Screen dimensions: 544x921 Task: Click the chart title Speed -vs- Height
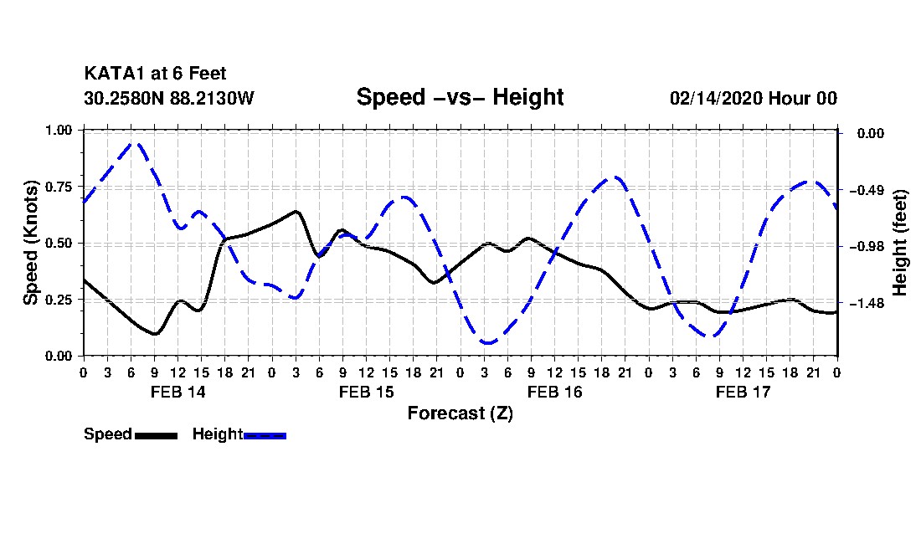pyautogui.click(x=460, y=97)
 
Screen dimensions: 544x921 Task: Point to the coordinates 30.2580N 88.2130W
pyautogui.click(x=168, y=98)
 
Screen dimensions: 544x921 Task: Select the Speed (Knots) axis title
pyautogui.click(x=31, y=243)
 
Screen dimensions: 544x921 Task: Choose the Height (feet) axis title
pyautogui.click(x=901, y=244)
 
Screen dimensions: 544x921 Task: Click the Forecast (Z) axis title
pyautogui.click(x=460, y=413)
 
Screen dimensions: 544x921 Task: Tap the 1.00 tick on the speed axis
pyautogui.click(x=59, y=131)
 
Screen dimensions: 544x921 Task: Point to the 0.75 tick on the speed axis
pyautogui.click(x=59, y=187)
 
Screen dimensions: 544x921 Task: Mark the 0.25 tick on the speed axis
pyautogui.click(x=59, y=300)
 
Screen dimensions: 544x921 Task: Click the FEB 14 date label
pyautogui.click(x=178, y=392)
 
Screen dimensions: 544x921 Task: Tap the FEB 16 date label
pyautogui.click(x=554, y=392)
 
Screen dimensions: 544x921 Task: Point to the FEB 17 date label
pyautogui.click(x=743, y=392)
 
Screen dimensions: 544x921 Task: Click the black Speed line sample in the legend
pyautogui.click(x=155, y=435)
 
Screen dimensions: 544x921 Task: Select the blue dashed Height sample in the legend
pyautogui.click(x=265, y=435)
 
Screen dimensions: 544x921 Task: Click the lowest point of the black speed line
pyautogui.click(x=155, y=334)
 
